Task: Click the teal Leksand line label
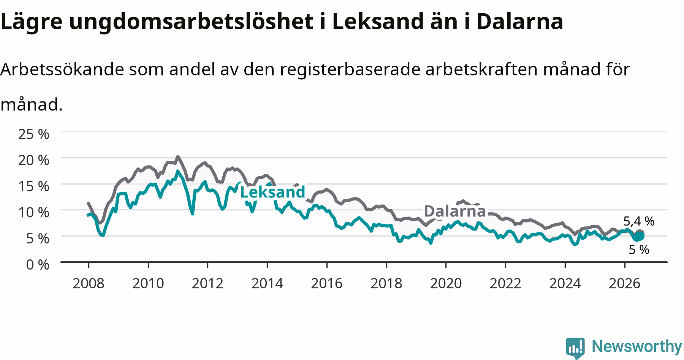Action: (272, 192)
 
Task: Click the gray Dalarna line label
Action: (454, 211)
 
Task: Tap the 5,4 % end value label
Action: (639, 221)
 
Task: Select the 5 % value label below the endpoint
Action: (639, 249)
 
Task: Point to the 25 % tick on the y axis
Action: (34, 134)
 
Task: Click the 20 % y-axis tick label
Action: (34, 160)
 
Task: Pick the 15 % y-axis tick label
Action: (34, 186)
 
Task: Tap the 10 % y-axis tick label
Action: (34, 212)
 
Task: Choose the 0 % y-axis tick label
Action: (38, 265)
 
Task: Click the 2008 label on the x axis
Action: (89, 283)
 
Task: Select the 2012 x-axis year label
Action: (207, 283)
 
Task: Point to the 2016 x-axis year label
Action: (327, 283)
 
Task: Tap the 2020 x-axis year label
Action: (446, 283)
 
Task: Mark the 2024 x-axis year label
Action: (565, 283)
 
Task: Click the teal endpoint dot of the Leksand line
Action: (640, 236)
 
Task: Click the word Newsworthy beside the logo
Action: (637, 346)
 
